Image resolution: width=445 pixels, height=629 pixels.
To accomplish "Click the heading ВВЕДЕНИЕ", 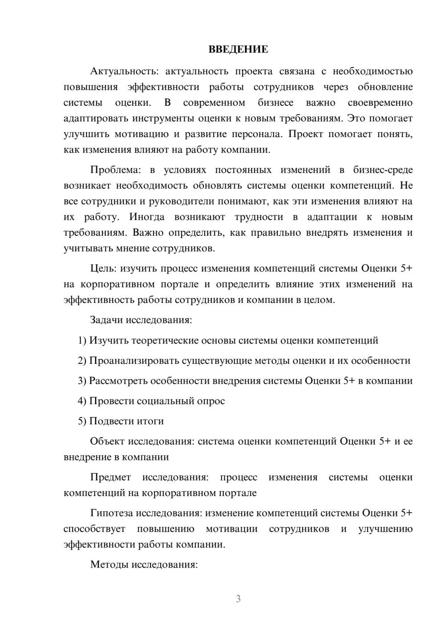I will (238, 49).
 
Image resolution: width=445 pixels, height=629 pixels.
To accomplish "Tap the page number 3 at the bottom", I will (238, 599).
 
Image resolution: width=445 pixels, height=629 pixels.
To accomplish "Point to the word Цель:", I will (103, 268).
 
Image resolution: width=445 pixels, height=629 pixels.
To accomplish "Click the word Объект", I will (107, 441).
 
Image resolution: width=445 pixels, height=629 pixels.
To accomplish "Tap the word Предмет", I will (110, 477).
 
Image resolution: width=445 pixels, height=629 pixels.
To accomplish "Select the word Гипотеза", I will (111, 513).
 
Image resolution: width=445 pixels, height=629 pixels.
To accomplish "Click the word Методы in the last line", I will (108, 564).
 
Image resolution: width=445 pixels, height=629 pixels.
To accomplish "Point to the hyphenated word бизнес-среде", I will (383, 170).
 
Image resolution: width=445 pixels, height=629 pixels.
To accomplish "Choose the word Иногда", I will (147, 217).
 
